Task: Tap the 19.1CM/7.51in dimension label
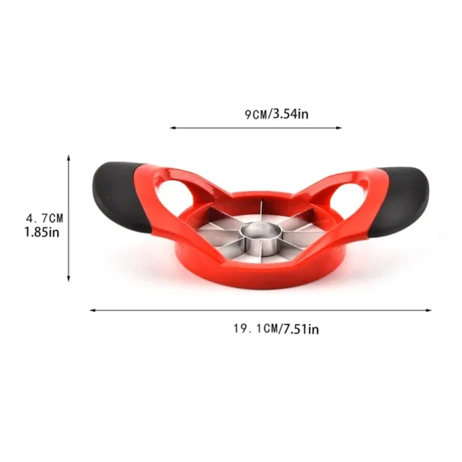(276, 329)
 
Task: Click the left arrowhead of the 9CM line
(172, 128)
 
